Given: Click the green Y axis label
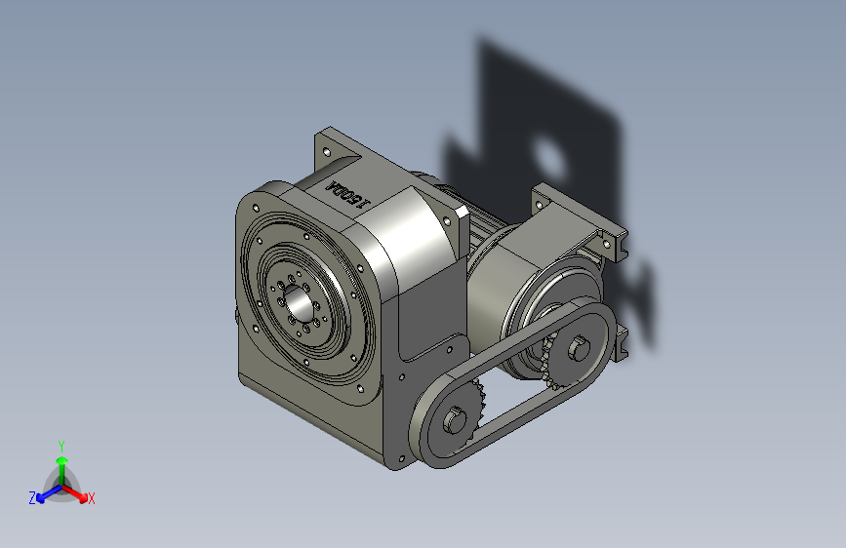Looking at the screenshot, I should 60,444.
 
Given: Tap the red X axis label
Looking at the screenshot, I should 92,498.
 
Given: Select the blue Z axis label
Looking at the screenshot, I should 32,497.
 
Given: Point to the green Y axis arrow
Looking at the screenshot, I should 61,462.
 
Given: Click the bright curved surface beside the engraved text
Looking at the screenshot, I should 405,224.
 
